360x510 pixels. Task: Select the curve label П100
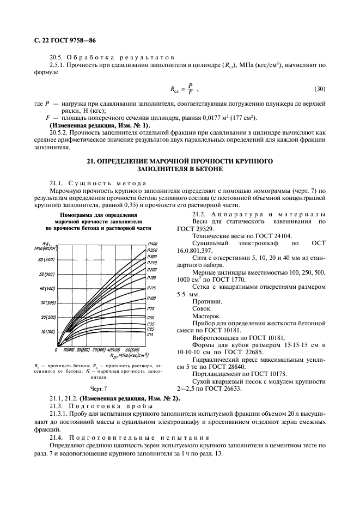152,298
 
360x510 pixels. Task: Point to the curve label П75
151,308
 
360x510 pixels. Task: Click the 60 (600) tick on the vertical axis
47,259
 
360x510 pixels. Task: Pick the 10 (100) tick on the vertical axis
48,332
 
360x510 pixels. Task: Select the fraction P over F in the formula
189,88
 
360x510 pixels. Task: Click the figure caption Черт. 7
98,388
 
